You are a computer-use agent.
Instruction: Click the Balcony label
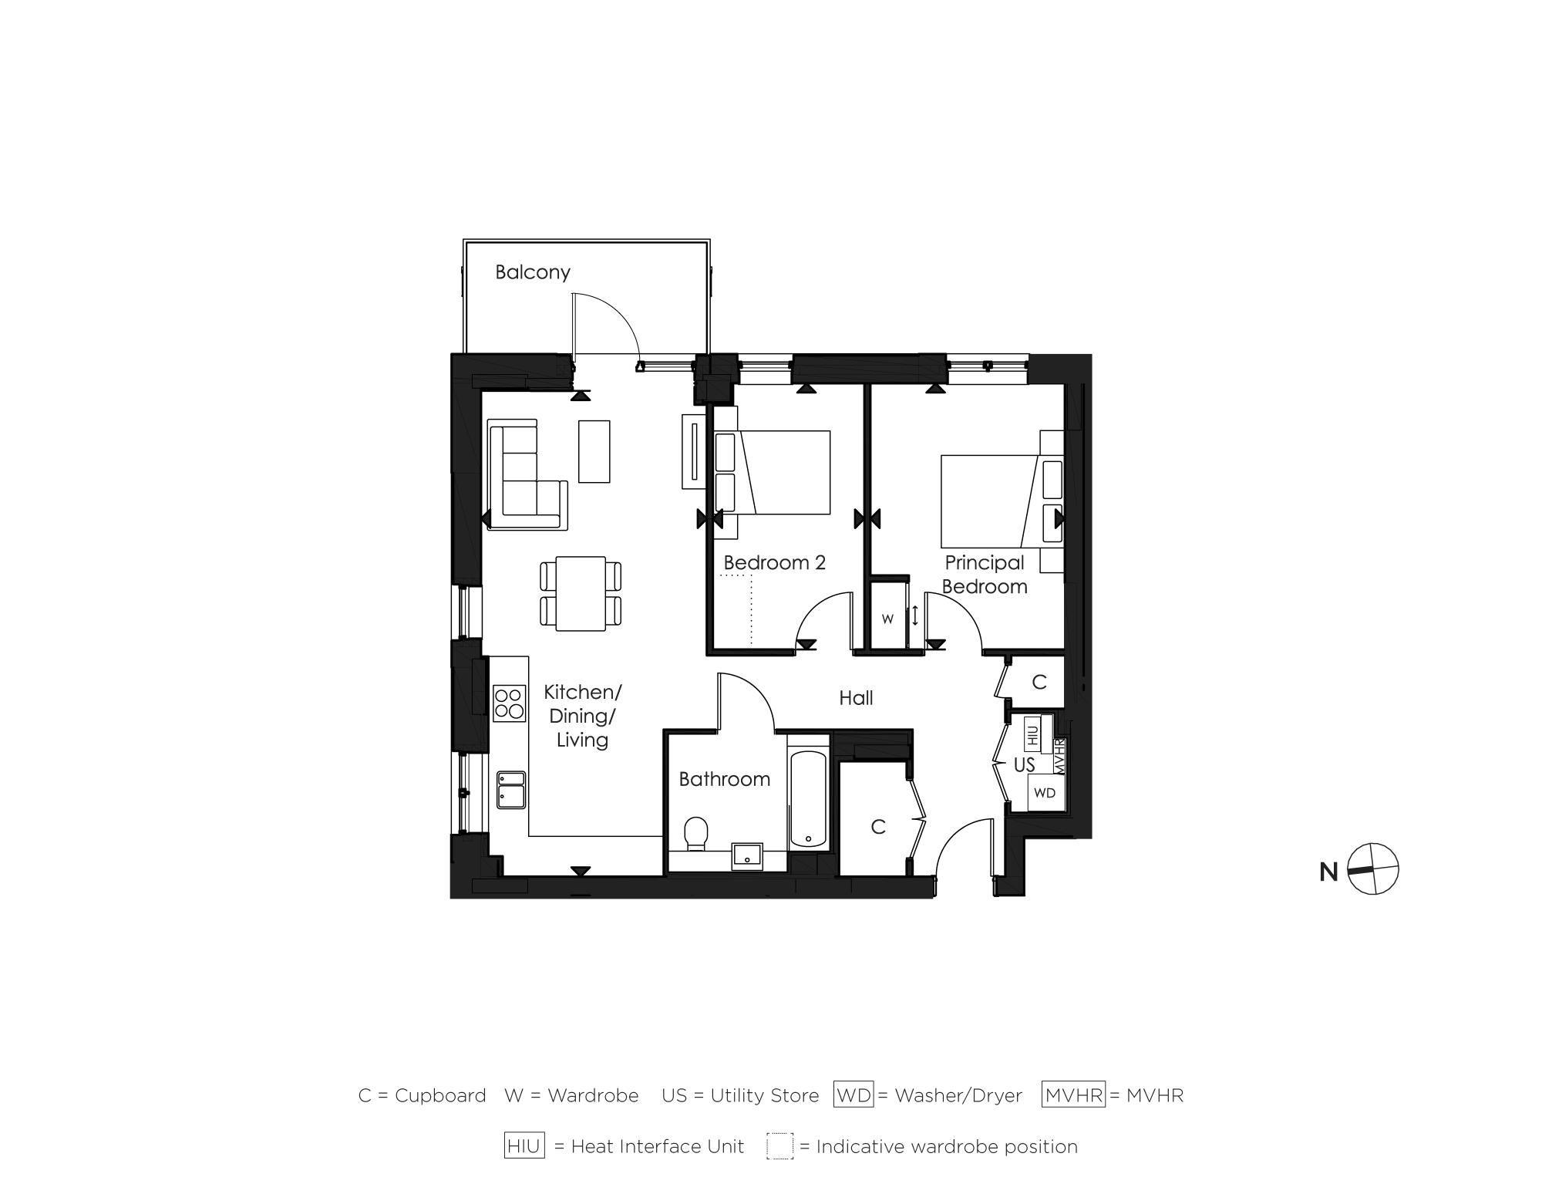coord(532,272)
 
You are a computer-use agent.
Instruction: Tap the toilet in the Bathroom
coord(696,834)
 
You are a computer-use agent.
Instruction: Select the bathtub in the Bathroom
coord(808,798)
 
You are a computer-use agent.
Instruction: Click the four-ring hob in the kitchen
coord(509,703)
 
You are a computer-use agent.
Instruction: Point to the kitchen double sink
coord(510,790)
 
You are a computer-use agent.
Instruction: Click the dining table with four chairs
coord(581,593)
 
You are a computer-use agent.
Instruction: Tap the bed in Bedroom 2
coord(779,472)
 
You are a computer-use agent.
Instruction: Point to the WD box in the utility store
coord(1045,793)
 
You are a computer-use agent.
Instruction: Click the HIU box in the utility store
coord(1032,733)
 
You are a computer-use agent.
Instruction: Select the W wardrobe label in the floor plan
coord(887,619)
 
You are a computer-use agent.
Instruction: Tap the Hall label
coord(856,698)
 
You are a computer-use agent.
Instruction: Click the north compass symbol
coord(1373,869)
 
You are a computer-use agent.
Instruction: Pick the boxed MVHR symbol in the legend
coord(1073,1095)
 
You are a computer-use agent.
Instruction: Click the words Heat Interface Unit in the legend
coord(657,1147)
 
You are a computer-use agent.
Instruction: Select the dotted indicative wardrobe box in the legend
coord(779,1146)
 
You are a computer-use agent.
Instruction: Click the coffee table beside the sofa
coord(594,451)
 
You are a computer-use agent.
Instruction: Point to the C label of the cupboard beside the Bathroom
coord(877,827)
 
